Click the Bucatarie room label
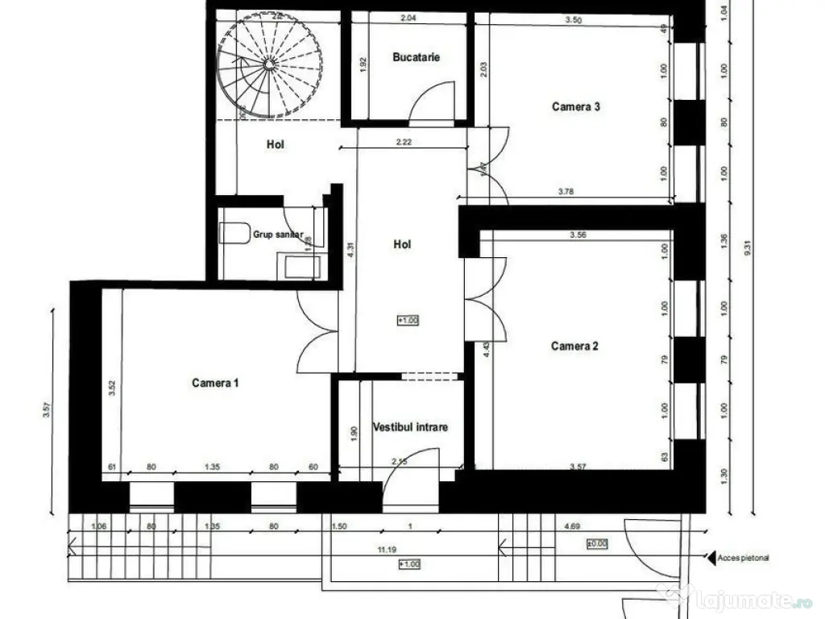point(416,57)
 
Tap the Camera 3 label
point(575,106)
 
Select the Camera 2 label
point(574,347)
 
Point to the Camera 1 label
point(215,383)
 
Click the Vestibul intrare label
point(410,427)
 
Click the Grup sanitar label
point(278,235)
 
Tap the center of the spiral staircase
point(269,63)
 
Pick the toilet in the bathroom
point(234,233)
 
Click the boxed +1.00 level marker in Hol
point(408,320)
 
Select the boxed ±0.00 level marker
point(598,545)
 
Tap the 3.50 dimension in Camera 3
point(574,20)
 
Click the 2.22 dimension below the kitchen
point(404,143)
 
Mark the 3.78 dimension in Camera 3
point(567,192)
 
